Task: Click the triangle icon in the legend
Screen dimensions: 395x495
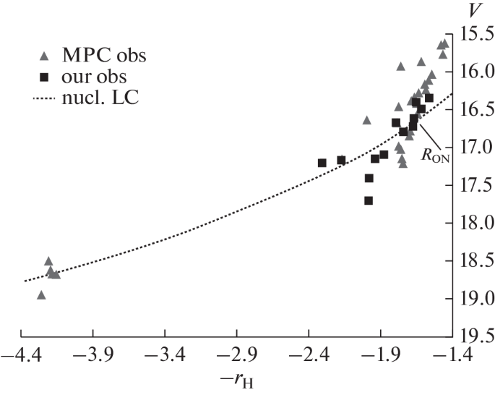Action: coord(45,55)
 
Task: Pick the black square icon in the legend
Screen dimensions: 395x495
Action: coord(45,76)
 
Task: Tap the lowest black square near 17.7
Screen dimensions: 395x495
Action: coord(369,200)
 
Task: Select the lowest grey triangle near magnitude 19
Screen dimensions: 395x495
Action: coord(41,294)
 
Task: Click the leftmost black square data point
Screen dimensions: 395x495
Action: coord(322,163)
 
